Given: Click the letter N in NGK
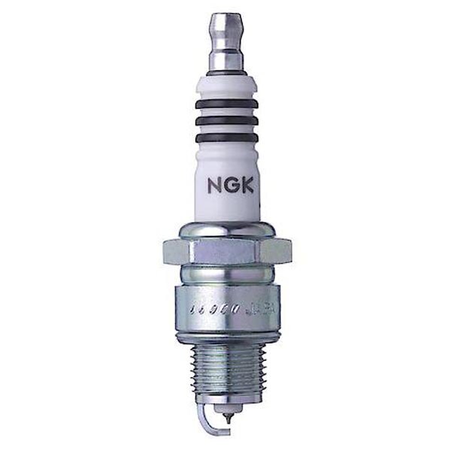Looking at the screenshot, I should click(212, 183).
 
